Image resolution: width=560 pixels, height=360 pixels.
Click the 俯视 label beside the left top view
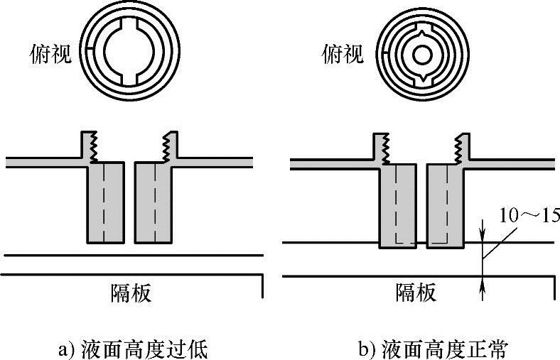tap(50, 54)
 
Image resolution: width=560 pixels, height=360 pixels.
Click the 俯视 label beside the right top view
tap(343, 54)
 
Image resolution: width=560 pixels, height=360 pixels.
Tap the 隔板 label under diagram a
tap(131, 292)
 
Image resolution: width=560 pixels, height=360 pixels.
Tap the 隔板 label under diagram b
tap(416, 292)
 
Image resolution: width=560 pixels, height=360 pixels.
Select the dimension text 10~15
tap(529, 214)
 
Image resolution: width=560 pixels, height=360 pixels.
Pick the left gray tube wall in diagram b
tap(397, 206)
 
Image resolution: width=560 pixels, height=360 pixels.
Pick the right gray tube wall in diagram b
tap(444, 206)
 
